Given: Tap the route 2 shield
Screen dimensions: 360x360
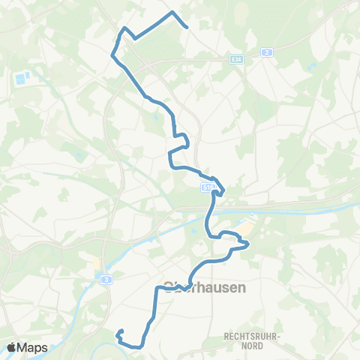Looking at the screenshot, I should (266, 52).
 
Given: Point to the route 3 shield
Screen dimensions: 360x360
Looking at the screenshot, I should (108, 278).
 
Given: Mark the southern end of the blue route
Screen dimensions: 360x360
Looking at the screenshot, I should (120, 331).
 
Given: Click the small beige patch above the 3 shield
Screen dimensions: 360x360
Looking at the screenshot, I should (95, 264).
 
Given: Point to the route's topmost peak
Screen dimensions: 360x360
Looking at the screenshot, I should (173, 13).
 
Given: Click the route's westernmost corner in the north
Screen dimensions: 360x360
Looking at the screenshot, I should (112, 54).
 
